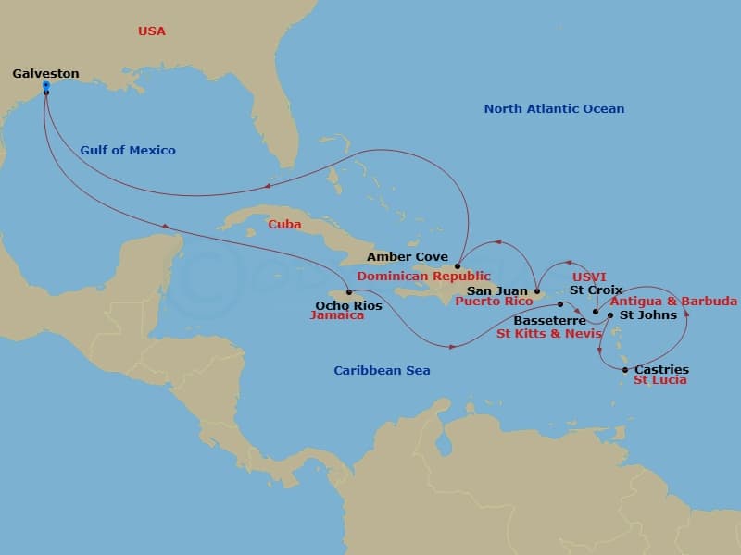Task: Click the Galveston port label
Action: (45, 74)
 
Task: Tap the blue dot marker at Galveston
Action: (45, 86)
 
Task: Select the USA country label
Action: (151, 31)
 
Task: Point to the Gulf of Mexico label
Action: (128, 150)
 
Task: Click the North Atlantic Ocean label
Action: (554, 109)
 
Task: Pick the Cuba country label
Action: (284, 224)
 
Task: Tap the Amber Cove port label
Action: (408, 257)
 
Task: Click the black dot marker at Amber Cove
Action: (458, 266)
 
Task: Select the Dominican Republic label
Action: (423, 276)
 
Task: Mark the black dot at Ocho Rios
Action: (348, 292)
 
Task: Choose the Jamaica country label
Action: (337, 315)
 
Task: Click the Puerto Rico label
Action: (495, 302)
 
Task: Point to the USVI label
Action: (589, 277)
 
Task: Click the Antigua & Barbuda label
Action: (674, 302)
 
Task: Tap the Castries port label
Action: (661, 370)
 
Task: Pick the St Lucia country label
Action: (659, 380)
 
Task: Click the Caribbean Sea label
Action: (382, 371)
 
